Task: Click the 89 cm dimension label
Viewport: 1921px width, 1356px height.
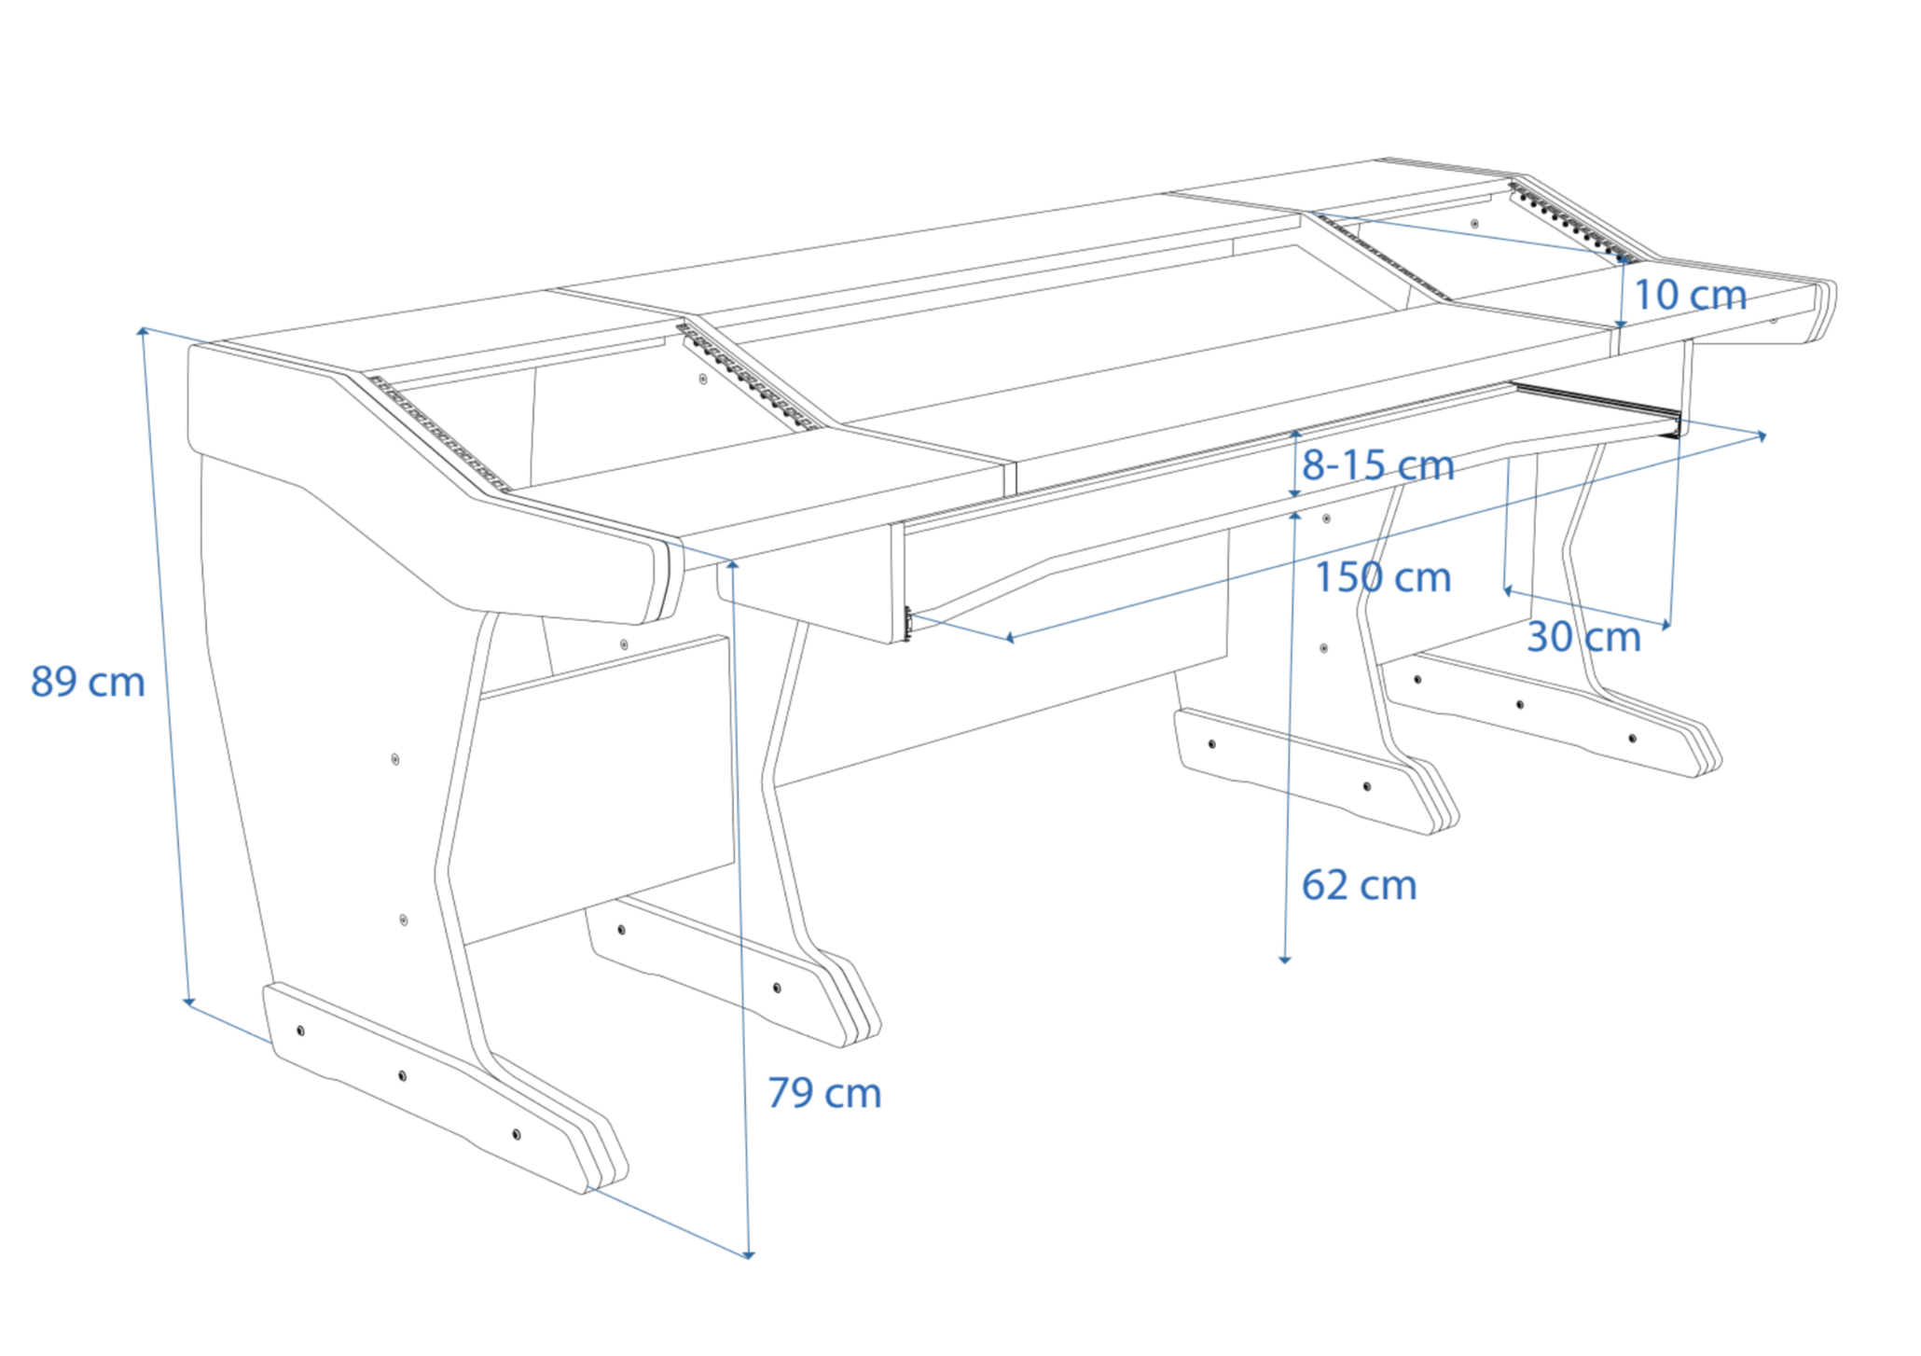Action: pyautogui.click(x=88, y=682)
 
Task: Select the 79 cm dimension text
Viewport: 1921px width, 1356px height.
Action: pyautogui.click(x=824, y=1092)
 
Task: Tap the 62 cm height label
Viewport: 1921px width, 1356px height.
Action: pyautogui.click(x=1359, y=884)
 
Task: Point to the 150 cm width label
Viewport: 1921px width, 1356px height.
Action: pyautogui.click(x=1382, y=577)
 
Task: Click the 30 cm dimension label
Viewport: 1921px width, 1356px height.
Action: pyautogui.click(x=1583, y=637)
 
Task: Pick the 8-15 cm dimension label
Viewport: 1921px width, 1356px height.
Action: pyautogui.click(x=1377, y=464)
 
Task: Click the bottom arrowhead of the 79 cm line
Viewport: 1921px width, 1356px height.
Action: pyautogui.click(x=749, y=1254)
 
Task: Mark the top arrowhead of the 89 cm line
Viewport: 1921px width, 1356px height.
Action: pyautogui.click(x=143, y=330)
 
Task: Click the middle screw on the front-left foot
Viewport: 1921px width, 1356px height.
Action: pyautogui.click(x=402, y=1075)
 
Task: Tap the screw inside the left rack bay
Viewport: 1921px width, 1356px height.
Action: pyautogui.click(x=703, y=379)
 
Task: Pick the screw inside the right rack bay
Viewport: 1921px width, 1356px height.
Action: pyautogui.click(x=1474, y=224)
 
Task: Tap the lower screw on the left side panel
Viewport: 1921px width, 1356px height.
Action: pyautogui.click(x=403, y=920)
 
